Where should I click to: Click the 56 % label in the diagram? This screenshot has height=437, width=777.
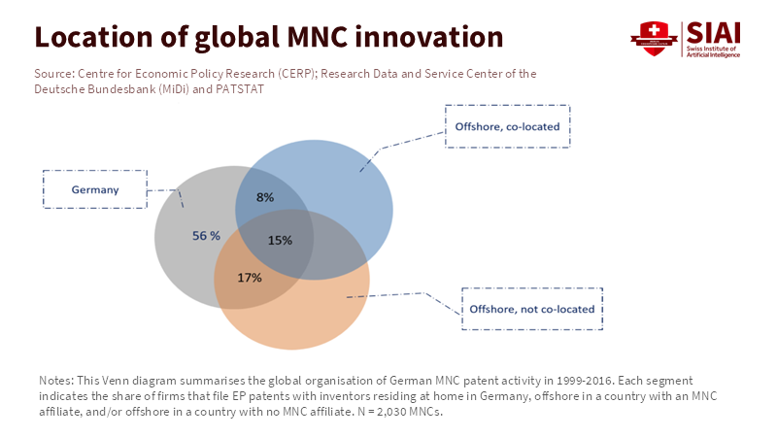tap(205, 236)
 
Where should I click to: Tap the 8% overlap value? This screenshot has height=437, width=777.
tap(264, 197)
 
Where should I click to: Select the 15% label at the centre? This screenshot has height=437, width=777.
tap(280, 240)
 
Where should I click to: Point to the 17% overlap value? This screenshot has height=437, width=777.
tap(250, 278)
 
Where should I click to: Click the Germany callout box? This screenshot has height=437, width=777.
tap(95, 189)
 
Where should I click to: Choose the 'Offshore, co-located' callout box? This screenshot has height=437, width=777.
tap(508, 126)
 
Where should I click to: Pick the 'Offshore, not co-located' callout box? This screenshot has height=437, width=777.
tap(531, 310)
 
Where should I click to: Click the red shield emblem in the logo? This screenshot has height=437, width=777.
tap(654, 38)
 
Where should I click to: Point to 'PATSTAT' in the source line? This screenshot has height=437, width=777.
tap(238, 88)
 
